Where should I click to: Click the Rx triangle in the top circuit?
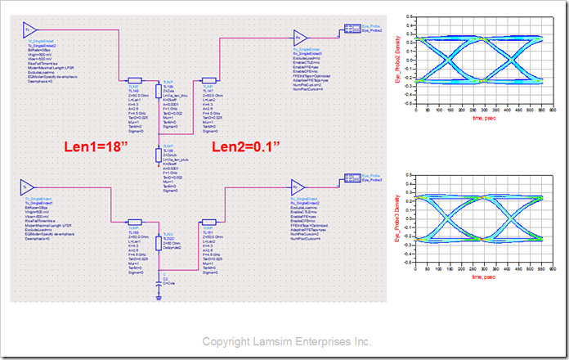pos(300,38)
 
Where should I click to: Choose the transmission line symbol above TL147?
pos(207,82)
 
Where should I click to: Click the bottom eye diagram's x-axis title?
pos(485,277)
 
